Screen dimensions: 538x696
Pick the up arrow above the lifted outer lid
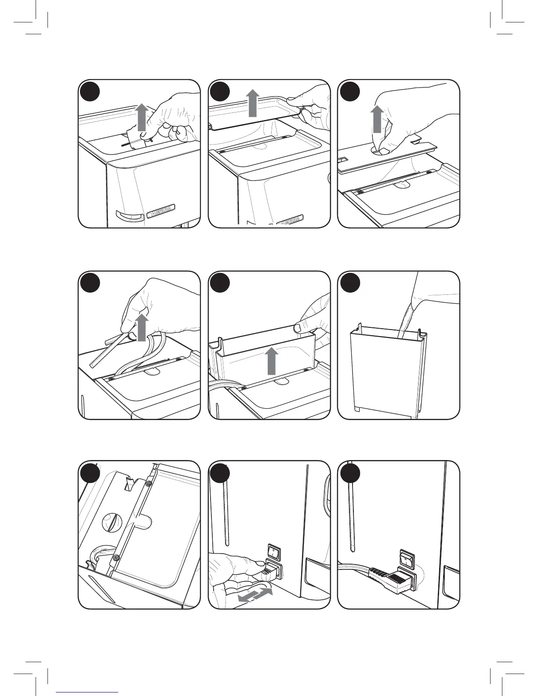coord(252,103)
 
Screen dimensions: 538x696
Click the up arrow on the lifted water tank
coord(273,360)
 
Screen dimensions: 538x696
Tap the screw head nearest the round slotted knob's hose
coord(116,558)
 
